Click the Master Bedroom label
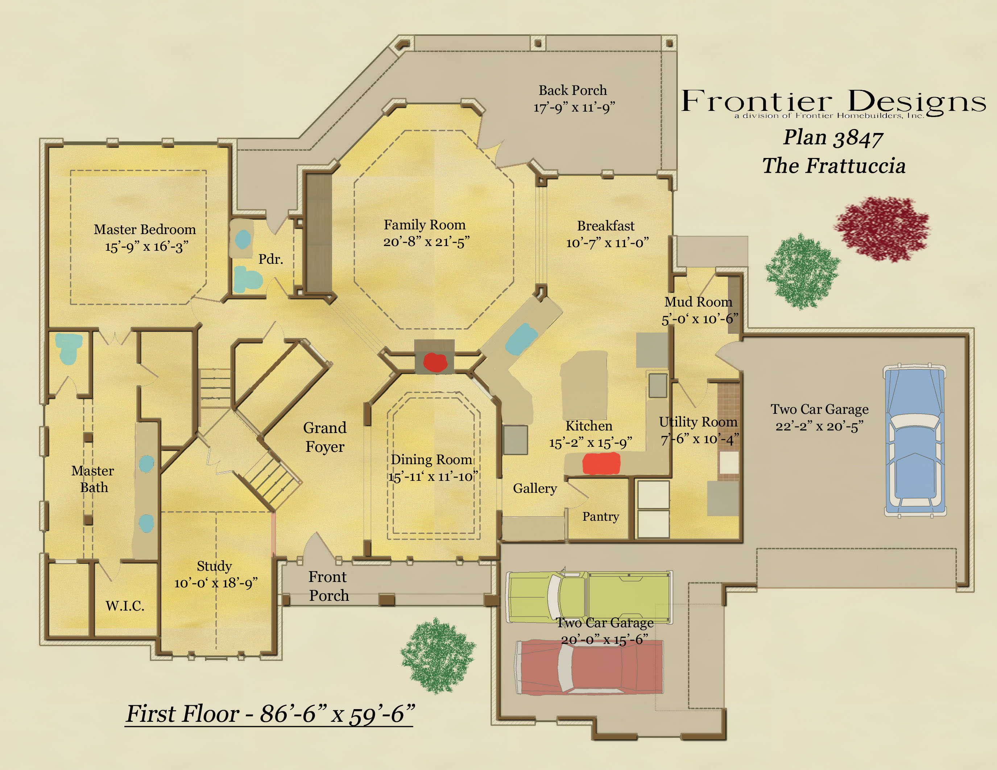tap(145, 229)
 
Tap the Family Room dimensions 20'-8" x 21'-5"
tap(426, 242)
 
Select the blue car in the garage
tap(915, 440)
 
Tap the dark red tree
tap(882, 229)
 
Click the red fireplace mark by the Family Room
tap(435, 362)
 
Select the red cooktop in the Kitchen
tap(601, 463)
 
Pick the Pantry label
tap(600, 516)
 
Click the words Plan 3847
tap(833, 138)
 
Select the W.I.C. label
tap(125, 606)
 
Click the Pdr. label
tap(271, 259)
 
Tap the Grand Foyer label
tap(324, 437)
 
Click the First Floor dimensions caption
tap(270, 714)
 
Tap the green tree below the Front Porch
tap(438, 656)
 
